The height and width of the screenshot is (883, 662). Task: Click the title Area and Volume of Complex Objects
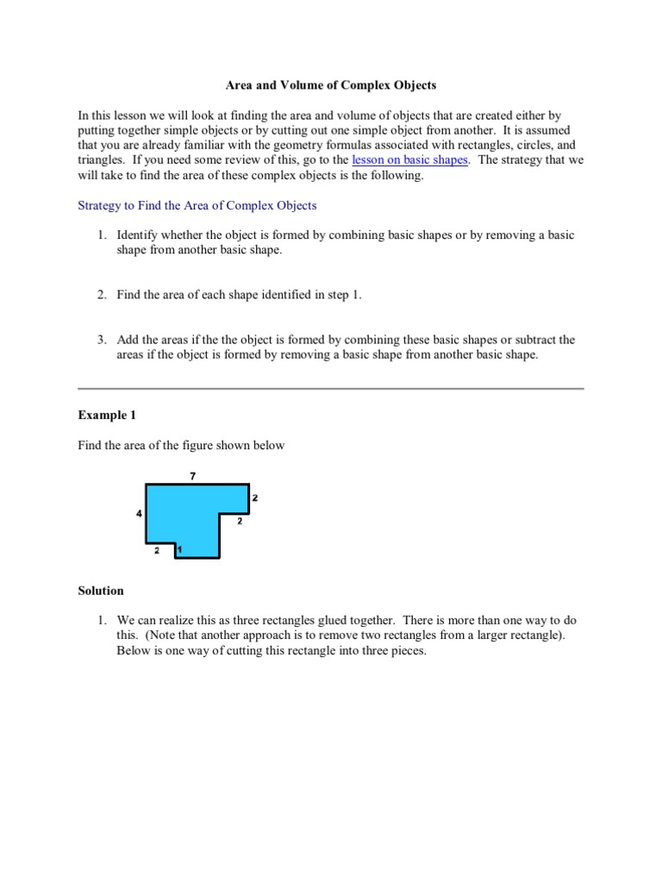click(x=331, y=85)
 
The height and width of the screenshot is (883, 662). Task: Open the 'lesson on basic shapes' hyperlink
click(x=410, y=160)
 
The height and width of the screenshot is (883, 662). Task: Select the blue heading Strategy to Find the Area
click(x=197, y=205)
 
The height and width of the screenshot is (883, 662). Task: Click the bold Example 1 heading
click(x=107, y=415)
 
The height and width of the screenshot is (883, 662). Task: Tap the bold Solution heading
click(x=101, y=591)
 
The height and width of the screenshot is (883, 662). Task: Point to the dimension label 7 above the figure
click(x=192, y=475)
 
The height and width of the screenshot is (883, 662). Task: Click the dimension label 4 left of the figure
click(x=139, y=514)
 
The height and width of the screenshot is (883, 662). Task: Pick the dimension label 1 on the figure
click(x=178, y=549)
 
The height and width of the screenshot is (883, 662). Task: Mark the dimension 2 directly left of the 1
click(x=157, y=549)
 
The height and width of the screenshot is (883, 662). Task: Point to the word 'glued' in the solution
click(x=326, y=620)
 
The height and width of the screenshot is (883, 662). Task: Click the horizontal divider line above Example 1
click(x=331, y=388)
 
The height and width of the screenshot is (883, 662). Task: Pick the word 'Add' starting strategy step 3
click(x=128, y=340)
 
